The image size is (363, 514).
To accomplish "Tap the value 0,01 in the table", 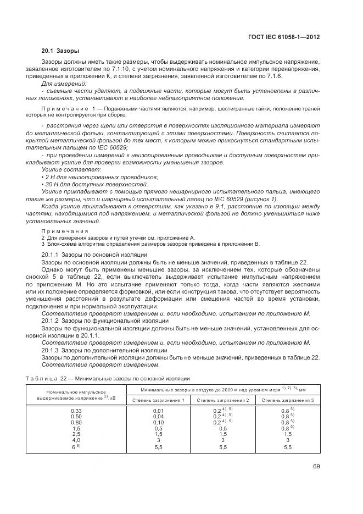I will pyautogui.click(x=158, y=411).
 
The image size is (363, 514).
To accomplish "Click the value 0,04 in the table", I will pyautogui.click(x=158, y=417).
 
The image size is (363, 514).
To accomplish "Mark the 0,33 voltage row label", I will pyautogui.click(x=76, y=411).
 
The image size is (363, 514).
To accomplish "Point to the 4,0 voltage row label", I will pyautogui.click(x=76, y=440).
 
